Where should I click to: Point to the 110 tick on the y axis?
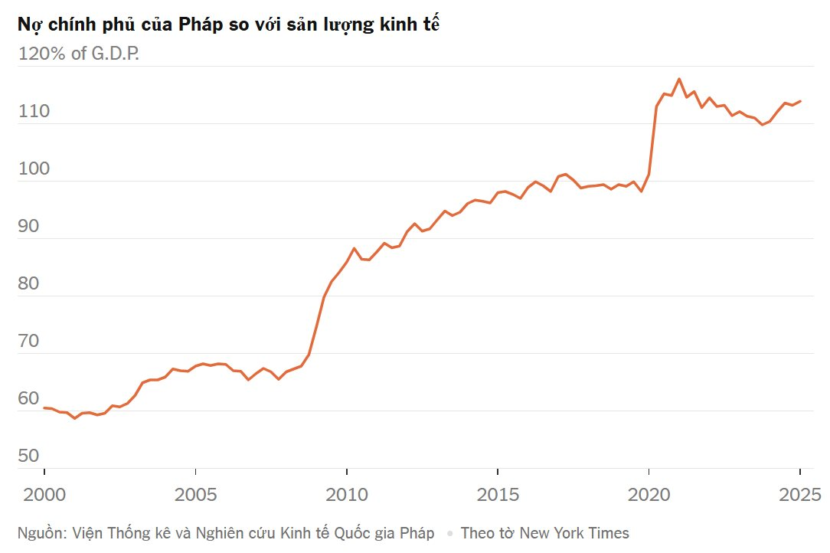point(34,112)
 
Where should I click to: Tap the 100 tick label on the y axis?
point(34,169)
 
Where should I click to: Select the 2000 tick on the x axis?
point(44,495)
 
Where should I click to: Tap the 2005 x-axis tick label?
point(195,495)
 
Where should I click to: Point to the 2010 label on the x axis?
point(346,495)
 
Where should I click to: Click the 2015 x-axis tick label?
point(498,495)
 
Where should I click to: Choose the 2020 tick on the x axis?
point(649,495)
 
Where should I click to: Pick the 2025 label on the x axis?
point(799,495)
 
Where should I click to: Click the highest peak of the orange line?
point(679,79)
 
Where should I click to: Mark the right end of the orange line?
point(800,101)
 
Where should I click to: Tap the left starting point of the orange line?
point(44,408)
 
